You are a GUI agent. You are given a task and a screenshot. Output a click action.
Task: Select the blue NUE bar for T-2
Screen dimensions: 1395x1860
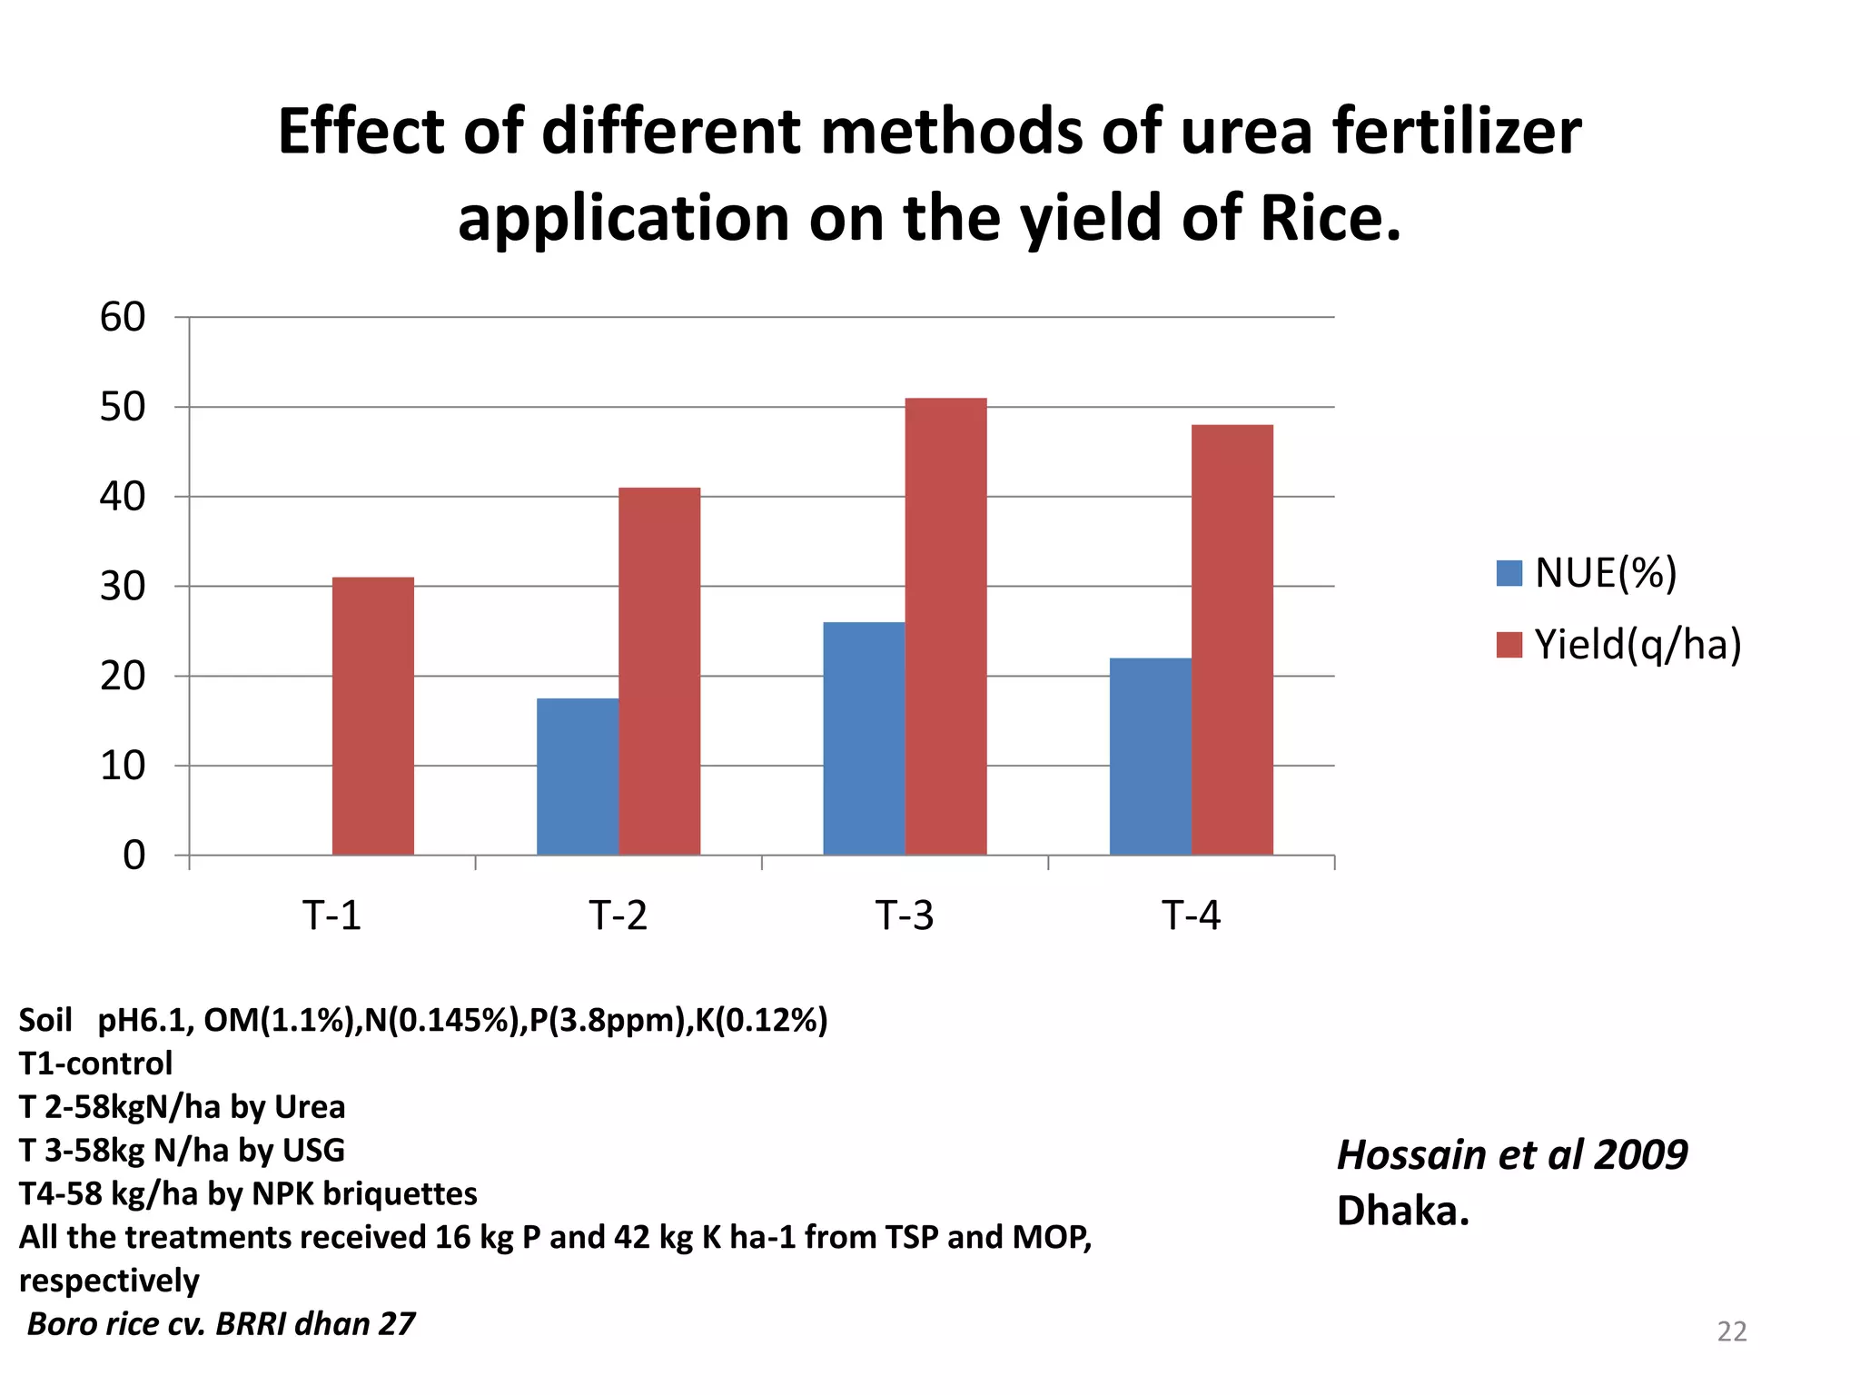[x=577, y=777]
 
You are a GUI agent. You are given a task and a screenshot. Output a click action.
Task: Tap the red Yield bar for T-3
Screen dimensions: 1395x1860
[x=945, y=627]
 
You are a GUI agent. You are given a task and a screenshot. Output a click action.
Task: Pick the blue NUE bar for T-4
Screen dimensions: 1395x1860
[x=1150, y=756]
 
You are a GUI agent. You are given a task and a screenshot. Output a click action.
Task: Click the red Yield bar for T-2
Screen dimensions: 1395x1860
[x=659, y=671]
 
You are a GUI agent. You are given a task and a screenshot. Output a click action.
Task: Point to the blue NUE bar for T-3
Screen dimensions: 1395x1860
[x=864, y=738]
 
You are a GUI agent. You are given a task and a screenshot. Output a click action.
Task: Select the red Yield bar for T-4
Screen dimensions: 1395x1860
[x=1232, y=639]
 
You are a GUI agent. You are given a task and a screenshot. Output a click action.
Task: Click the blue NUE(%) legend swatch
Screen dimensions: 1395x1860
[x=1509, y=573]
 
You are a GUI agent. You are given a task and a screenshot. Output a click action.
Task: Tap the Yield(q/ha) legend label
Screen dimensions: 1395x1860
[x=1637, y=645]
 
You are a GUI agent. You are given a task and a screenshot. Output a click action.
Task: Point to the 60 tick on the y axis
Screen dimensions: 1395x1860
[x=123, y=318]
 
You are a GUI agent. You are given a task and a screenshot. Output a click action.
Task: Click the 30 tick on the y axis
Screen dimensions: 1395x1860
[x=123, y=587]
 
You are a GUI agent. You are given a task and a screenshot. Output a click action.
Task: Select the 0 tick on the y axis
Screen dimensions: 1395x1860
[x=134, y=856]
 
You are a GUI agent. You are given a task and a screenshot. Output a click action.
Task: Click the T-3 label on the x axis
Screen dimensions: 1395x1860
[x=905, y=915]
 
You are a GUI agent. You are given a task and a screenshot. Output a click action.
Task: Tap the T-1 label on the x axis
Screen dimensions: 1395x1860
[x=331, y=915]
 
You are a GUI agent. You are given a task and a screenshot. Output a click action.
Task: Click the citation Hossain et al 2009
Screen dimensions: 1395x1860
[x=1512, y=1155]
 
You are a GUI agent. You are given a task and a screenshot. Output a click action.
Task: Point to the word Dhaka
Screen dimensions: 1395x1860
[x=1402, y=1211]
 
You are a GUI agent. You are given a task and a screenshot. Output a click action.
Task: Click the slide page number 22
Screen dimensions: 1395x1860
[x=1732, y=1331]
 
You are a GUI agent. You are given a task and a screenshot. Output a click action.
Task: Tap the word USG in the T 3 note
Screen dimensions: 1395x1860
[x=313, y=1151]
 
